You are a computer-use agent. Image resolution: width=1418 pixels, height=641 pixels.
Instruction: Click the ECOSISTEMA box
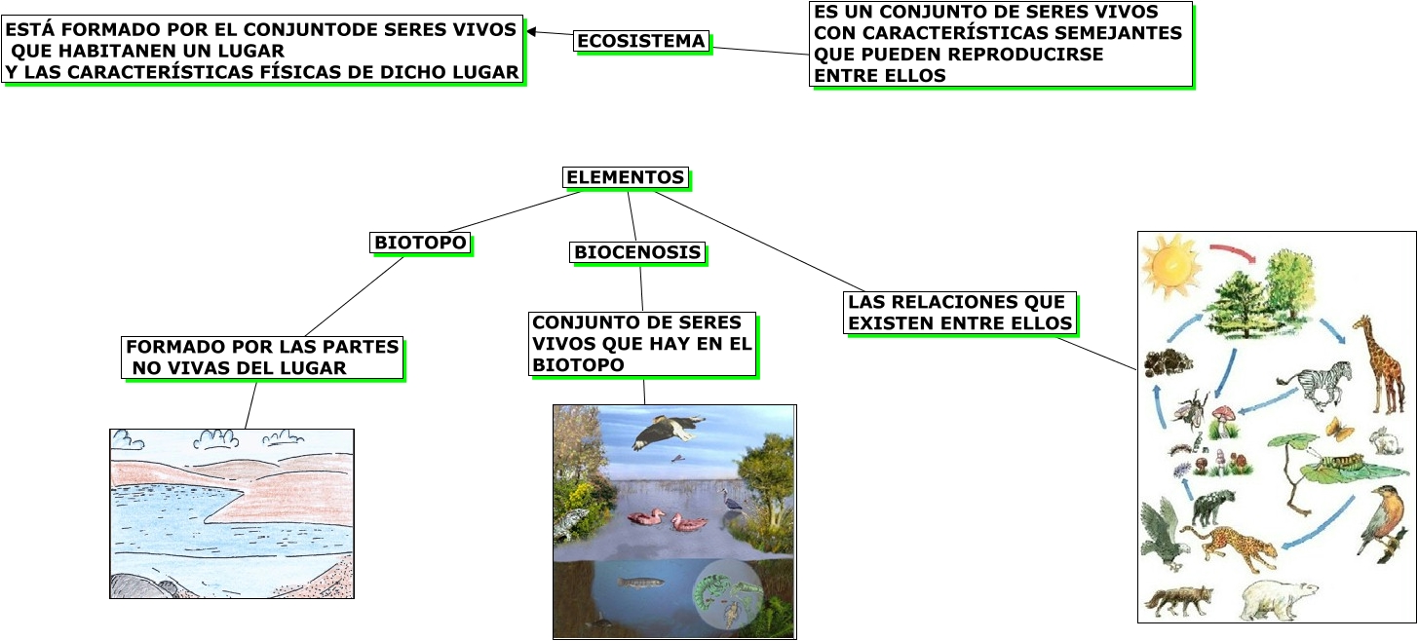[x=641, y=41]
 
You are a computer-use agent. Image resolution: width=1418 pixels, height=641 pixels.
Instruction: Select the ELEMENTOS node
[x=626, y=177]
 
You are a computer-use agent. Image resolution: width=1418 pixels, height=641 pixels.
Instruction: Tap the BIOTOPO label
[x=421, y=242]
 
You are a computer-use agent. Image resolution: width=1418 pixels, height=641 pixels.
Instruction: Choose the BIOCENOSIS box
[x=637, y=252]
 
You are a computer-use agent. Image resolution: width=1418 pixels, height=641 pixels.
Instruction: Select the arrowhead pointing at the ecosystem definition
[x=531, y=31]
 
